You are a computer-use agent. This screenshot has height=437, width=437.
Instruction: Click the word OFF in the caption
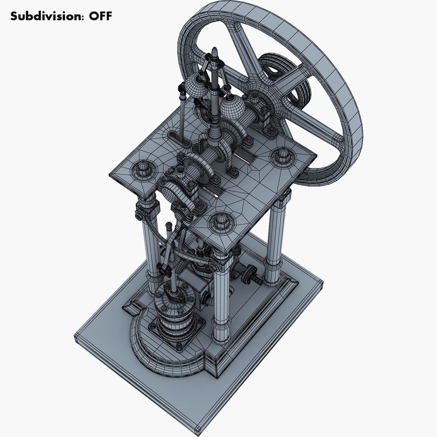(100, 16)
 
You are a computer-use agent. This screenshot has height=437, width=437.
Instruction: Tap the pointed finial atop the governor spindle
(215, 52)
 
